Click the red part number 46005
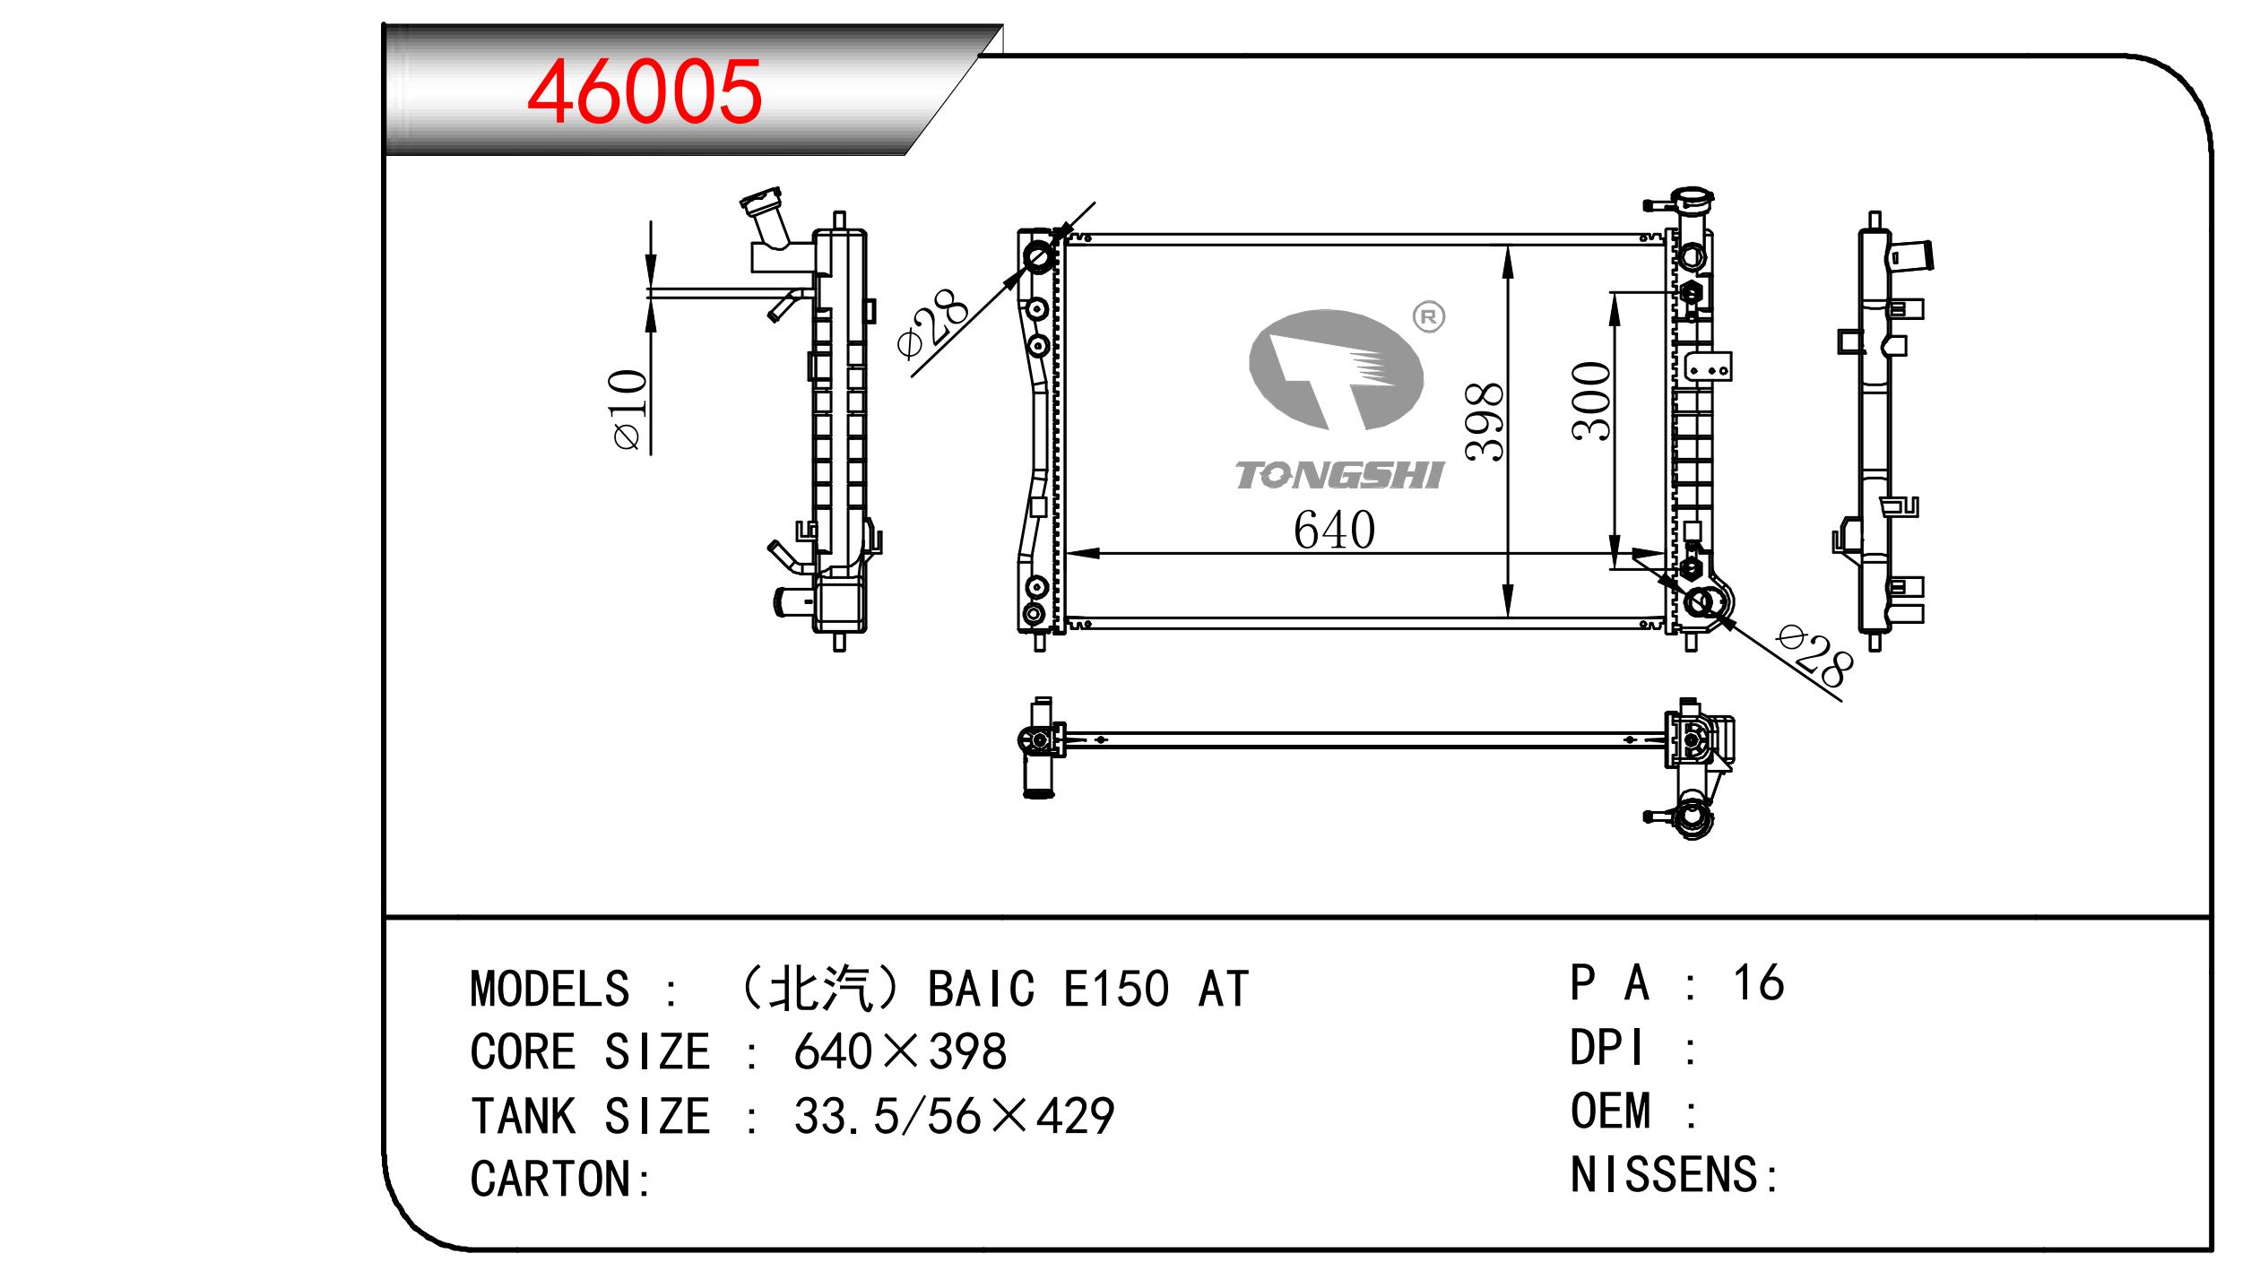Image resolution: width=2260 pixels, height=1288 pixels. (644, 91)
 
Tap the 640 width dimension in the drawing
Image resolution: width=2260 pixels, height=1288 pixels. (1333, 531)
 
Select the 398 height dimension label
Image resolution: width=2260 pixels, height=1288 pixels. (1485, 421)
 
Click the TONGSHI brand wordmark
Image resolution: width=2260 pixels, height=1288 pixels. (1338, 476)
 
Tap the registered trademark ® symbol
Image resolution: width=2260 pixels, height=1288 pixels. (1429, 316)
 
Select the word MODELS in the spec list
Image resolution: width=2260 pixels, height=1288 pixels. (550, 990)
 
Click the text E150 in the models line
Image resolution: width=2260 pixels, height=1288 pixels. (1115, 990)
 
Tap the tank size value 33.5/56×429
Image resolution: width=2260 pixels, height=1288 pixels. (953, 1117)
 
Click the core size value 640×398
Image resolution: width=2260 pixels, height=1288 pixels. (899, 1052)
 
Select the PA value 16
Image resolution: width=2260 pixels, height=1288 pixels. (1758, 983)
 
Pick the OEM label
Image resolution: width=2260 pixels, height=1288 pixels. (1610, 1111)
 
